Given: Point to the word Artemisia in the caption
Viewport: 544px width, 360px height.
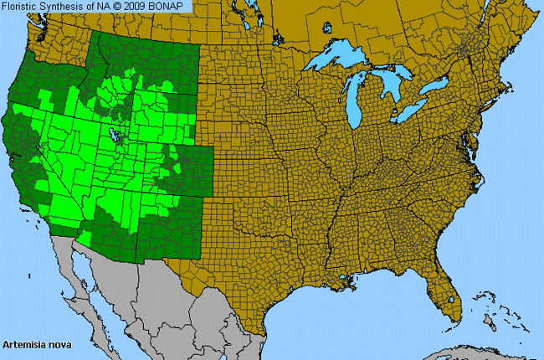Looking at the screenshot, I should pyautogui.click(x=24, y=344).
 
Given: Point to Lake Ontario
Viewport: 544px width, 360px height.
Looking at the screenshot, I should pyautogui.click(x=436, y=87).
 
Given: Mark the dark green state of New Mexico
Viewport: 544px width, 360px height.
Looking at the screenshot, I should pyautogui.click(x=167, y=226).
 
